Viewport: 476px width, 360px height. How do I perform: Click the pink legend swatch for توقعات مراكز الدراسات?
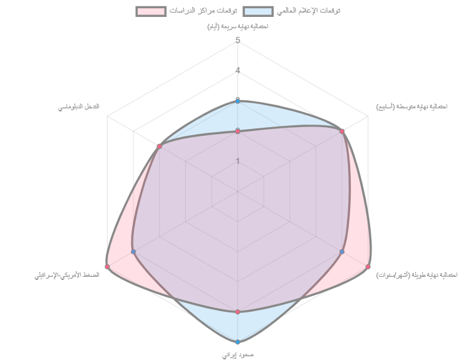151,11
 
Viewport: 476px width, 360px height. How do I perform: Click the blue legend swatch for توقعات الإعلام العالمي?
258,11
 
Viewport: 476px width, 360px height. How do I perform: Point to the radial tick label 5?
238,41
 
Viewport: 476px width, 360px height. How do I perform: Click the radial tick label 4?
238,71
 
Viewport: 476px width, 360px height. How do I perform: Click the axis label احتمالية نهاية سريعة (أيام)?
238,26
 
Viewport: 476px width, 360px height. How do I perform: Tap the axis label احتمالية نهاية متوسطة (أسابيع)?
411,106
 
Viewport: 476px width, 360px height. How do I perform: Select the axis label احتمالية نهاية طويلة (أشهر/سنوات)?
416,274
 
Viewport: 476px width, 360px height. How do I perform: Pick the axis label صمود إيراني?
238,354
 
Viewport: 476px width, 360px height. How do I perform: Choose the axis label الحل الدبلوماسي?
79,106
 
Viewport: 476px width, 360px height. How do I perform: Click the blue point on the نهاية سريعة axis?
238,100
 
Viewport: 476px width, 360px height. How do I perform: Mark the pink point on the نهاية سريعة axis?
238,131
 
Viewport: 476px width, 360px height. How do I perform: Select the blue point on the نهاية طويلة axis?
343,252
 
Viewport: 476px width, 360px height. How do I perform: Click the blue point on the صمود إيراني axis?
238,342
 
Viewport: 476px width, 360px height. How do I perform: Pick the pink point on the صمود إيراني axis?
238,311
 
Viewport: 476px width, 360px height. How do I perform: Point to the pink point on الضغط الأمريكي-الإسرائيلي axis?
107,267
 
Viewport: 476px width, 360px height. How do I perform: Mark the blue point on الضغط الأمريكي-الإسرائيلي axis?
133,252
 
